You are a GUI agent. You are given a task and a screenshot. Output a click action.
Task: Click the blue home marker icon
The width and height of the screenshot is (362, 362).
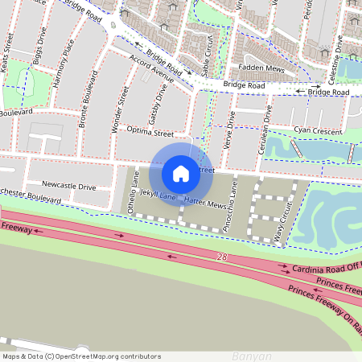coord(181,172)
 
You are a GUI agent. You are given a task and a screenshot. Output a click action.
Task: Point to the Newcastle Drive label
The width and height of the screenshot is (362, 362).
coord(69,186)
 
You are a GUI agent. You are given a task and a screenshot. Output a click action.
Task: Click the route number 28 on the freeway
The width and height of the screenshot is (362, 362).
coord(221,257)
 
